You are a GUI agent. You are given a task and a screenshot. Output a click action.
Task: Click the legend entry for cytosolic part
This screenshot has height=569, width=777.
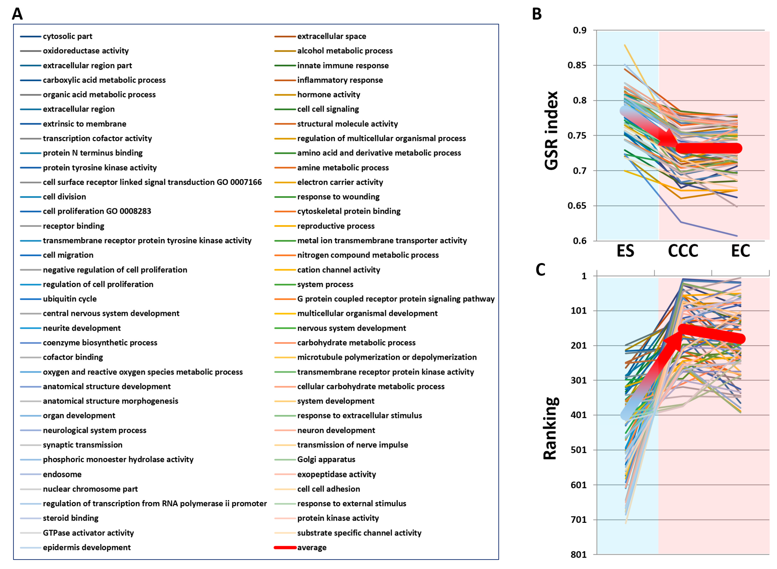coord(67,36)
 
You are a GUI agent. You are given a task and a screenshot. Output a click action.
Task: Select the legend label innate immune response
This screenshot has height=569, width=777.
coord(343,66)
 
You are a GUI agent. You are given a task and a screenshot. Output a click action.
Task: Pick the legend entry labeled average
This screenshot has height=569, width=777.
coord(312,547)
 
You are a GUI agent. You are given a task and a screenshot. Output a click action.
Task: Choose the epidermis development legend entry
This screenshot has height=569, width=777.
coord(86,547)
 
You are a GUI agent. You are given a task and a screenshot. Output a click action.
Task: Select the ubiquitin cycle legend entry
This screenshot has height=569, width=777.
coord(69,299)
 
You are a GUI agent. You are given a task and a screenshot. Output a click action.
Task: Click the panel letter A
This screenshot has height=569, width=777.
coord(17,14)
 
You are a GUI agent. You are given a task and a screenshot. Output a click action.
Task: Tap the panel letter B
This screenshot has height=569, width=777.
coord(537,14)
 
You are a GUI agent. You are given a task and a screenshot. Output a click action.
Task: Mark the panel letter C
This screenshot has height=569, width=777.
coord(540,270)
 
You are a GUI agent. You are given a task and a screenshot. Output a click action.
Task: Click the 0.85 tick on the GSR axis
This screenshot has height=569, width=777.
coord(577,65)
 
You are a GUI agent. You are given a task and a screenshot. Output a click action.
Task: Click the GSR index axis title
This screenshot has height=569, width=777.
coord(551,131)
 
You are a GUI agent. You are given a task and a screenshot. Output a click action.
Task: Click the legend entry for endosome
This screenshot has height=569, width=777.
coord(62,474)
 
